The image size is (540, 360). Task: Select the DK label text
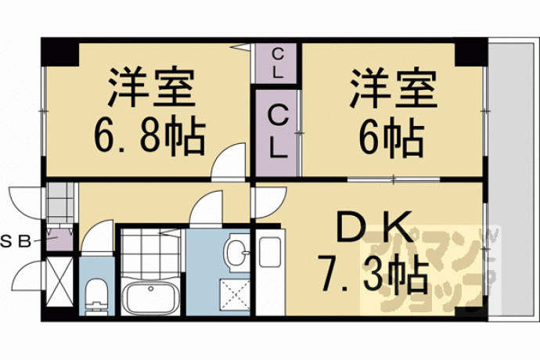(x=375, y=227)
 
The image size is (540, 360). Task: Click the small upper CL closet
(x=276, y=63)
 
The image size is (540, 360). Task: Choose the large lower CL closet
(x=276, y=132)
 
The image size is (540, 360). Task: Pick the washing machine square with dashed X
(x=235, y=296)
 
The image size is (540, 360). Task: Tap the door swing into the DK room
(x=271, y=203)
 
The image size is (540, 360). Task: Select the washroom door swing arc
(x=206, y=207)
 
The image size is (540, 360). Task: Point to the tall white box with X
(x=59, y=282)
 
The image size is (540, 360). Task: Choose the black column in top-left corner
(x=60, y=52)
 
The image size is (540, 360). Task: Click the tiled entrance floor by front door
(x=60, y=203)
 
